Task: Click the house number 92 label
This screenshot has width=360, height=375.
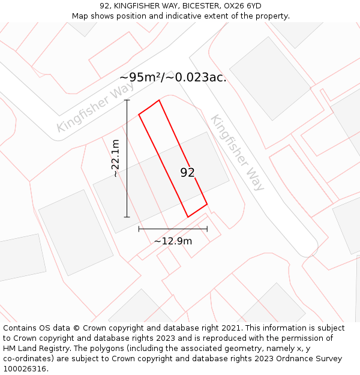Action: pos(188,173)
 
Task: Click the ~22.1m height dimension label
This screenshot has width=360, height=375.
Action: pos(115,158)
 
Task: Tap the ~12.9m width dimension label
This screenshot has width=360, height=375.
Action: pos(173,241)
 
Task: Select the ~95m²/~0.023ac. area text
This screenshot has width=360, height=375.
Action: pos(173,77)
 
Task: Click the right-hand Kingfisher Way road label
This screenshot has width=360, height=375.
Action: pos(236,152)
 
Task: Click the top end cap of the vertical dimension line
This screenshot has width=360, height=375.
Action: pos(127,100)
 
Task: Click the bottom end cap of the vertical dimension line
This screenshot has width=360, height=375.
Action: pos(127,217)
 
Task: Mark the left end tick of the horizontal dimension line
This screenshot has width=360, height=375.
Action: pos(139,229)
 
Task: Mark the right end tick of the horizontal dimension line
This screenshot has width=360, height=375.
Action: pos(207,229)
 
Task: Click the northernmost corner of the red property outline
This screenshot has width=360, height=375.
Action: pos(159,100)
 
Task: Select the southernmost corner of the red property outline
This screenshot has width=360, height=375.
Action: pos(188,217)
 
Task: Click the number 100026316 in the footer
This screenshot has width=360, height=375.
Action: pos(25,368)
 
